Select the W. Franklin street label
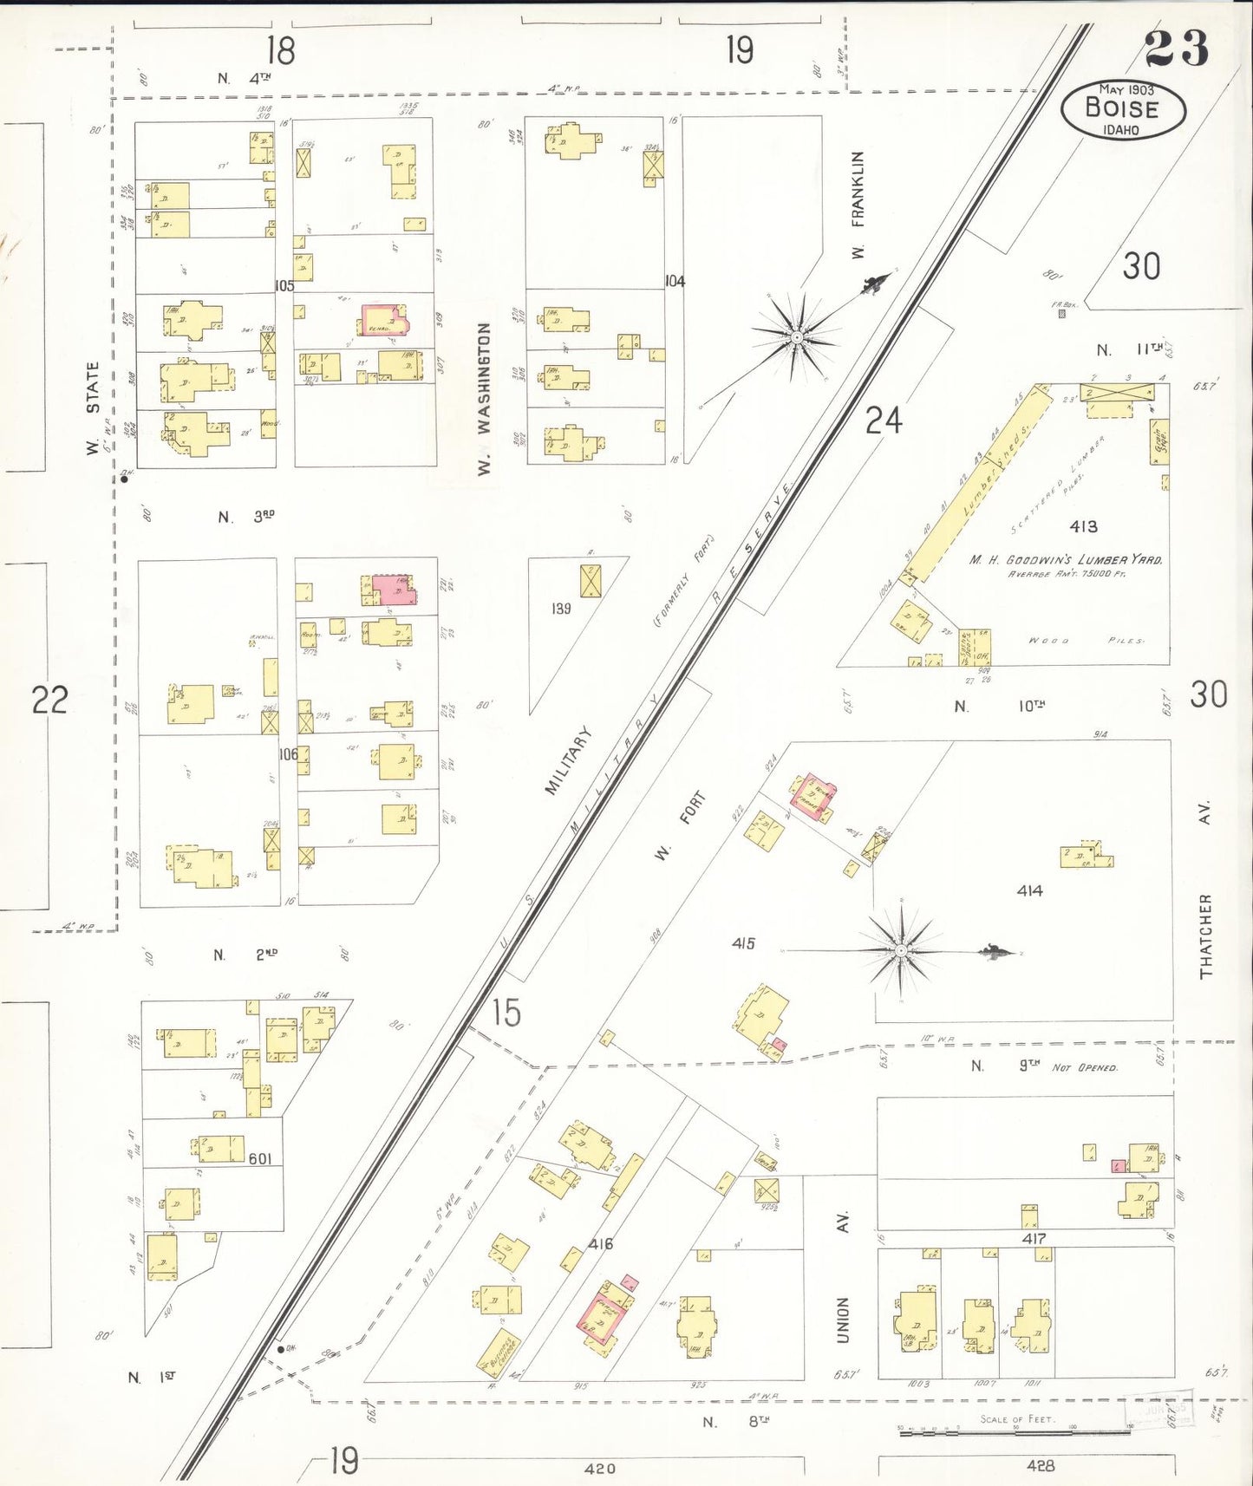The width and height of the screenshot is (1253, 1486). [858, 205]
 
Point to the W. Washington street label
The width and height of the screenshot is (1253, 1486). [484, 398]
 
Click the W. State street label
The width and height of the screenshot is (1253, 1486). [92, 408]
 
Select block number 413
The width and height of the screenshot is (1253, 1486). [1083, 526]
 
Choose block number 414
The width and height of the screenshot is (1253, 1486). [1030, 890]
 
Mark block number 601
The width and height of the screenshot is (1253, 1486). [260, 1158]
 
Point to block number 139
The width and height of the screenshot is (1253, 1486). [561, 609]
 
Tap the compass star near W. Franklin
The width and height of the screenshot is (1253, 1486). [795, 336]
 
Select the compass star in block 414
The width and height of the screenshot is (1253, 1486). [902, 951]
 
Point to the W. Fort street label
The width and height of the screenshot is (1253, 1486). [680, 826]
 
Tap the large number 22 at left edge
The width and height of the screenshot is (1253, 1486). [49, 700]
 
